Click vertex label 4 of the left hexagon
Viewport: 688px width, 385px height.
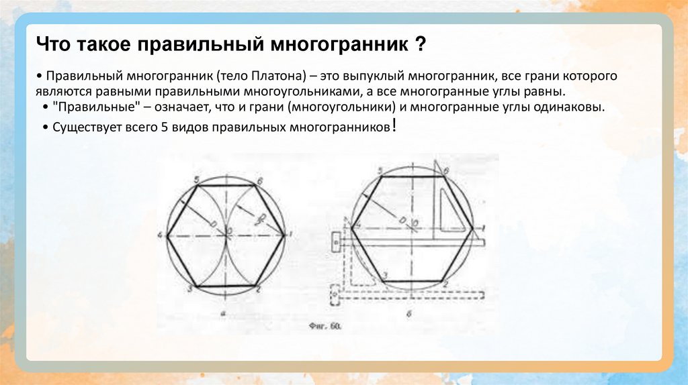[x=161, y=235]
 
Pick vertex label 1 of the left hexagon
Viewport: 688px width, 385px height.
[x=290, y=234]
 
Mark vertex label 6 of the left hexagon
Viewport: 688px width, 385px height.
[x=259, y=180]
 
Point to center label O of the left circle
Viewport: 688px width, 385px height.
[x=230, y=230]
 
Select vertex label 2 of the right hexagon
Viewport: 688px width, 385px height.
[x=445, y=284]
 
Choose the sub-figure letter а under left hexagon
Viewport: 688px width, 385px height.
[x=222, y=313]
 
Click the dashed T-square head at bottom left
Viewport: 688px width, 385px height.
[x=333, y=293]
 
